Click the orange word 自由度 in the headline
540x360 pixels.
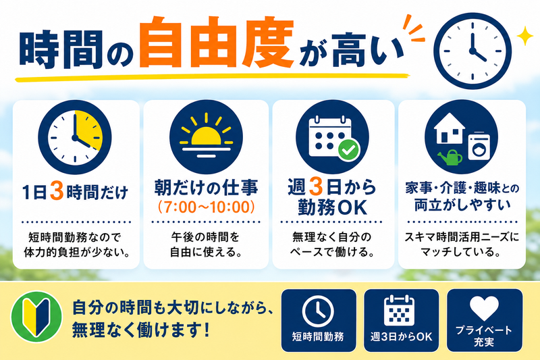point(217,42)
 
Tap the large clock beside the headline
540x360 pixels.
point(473,51)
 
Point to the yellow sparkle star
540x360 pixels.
point(525,36)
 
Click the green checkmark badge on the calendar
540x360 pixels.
point(348,150)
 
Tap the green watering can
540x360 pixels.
point(450,158)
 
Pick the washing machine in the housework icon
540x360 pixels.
point(479,146)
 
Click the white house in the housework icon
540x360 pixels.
point(450,128)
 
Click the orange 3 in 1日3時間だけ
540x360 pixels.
point(57,190)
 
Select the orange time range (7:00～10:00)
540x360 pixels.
point(206,207)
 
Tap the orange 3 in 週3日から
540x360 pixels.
point(315,186)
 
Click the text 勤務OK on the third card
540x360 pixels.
point(332,207)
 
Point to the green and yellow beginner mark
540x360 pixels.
point(36,317)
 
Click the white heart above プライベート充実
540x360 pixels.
point(484,307)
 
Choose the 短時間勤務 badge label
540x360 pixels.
point(318,336)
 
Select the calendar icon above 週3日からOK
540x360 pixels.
point(399,310)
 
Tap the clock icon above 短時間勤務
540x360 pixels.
point(318,311)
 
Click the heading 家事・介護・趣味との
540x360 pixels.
point(462,188)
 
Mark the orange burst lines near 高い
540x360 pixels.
point(414,28)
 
